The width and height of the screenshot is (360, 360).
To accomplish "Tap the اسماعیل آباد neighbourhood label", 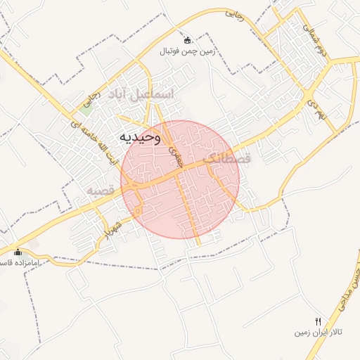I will [141, 94].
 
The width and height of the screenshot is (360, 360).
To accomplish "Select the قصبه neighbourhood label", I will [101, 191].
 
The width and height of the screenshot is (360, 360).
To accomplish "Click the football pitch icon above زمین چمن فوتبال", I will [186, 39].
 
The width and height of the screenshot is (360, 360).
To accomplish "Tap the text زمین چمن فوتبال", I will [186, 51].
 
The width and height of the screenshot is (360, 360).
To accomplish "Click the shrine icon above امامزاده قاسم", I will [18, 252].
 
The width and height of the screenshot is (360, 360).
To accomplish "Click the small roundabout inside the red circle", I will [139, 209].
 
